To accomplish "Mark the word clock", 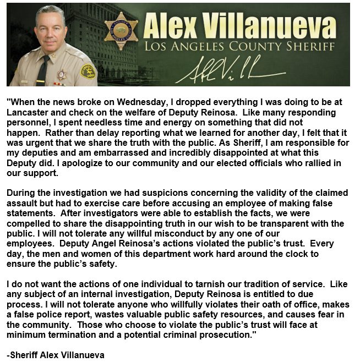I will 291,254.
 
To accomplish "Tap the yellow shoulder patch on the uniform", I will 88,71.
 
